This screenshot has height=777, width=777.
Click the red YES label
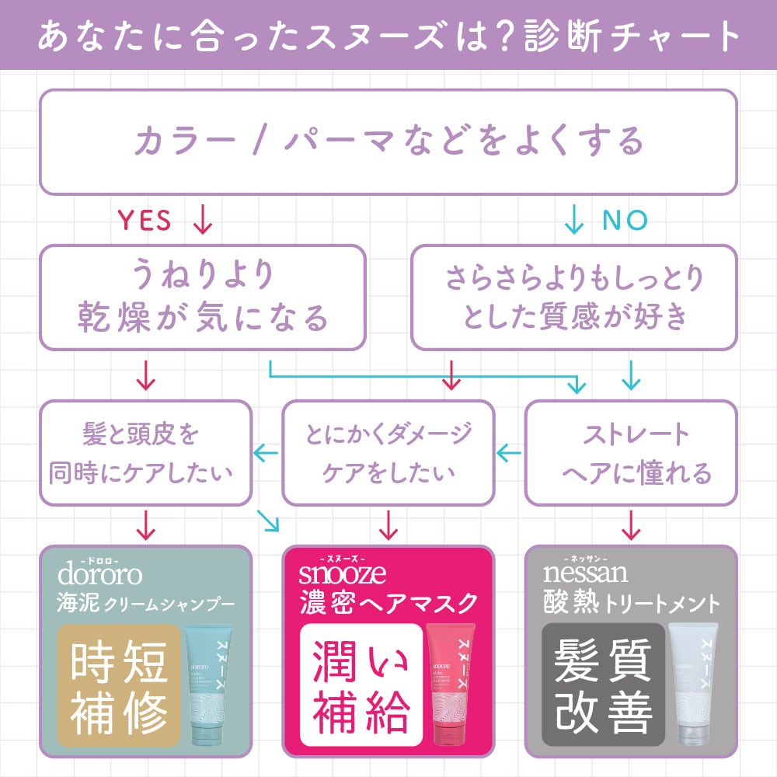tap(144, 221)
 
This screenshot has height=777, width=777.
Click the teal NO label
tap(624, 221)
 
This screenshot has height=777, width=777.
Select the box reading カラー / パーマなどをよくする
tap(388, 141)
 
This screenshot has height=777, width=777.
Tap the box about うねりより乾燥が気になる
tap(202, 297)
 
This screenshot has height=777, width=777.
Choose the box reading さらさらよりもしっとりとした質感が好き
tap(574, 297)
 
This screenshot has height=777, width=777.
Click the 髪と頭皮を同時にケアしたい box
tap(145, 452)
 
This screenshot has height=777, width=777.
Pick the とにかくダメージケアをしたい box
tap(388, 452)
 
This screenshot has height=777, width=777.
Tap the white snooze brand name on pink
tap(342, 575)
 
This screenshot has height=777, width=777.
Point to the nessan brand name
tap(584, 575)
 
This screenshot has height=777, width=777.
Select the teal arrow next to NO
tap(573, 221)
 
